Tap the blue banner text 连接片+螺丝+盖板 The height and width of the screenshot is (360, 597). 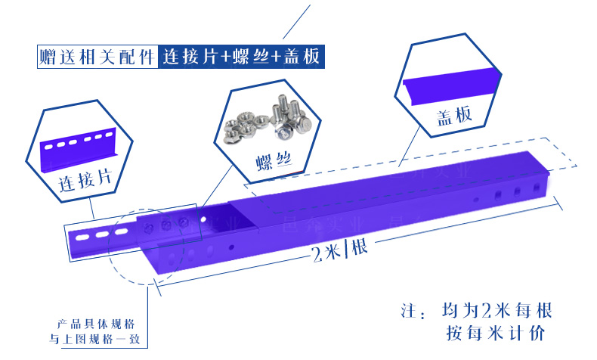point(241,56)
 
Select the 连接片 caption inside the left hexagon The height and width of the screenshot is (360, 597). point(85,179)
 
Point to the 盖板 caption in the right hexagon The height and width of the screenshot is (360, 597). point(454,115)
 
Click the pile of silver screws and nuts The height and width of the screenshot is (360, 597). point(261,119)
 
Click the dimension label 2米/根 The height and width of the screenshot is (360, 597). point(339,252)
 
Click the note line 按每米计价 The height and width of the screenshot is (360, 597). point(495,333)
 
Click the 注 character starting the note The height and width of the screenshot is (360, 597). point(409,311)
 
